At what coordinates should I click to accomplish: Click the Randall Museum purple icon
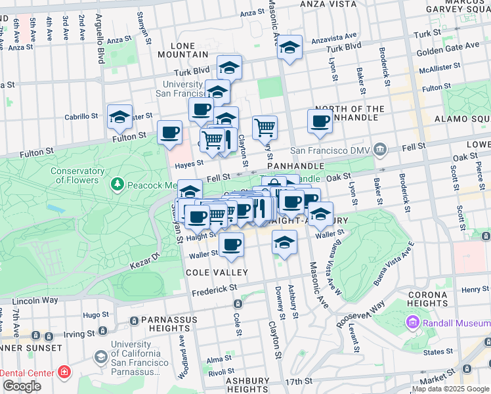[x=412, y=322]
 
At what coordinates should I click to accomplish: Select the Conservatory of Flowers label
[x=77, y=175]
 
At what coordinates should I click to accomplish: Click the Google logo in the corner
[x=22, y=386]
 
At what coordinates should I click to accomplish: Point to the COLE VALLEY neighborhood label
[x=217, y=273]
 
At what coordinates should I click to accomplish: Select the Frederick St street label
[x=215, y=288]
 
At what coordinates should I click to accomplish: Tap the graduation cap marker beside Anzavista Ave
[x=289, y=48]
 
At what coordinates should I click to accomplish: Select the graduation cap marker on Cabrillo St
[x=119, y=116]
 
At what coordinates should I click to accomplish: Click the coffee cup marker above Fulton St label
[x=170, y=132]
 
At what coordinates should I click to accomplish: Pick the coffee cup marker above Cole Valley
[x=230, y=244]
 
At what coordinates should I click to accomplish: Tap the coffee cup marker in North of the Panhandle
[x=320, y=121]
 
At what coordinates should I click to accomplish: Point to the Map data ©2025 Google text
[x=450, y=389]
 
